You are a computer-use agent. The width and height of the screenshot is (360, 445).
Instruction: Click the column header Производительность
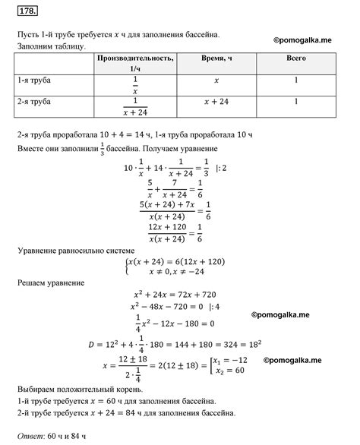click(134, 58)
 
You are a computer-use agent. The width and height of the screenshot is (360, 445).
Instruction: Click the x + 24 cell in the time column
click(217, 101)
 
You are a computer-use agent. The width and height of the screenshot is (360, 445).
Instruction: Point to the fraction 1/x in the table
click(134, 83)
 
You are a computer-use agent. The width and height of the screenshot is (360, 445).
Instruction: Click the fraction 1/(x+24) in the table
click(134, 105)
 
